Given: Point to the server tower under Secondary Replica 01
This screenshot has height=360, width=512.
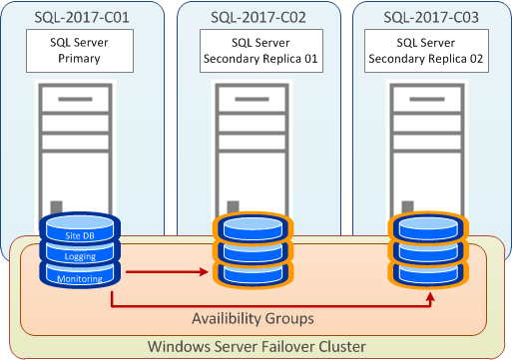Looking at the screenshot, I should (256, 150).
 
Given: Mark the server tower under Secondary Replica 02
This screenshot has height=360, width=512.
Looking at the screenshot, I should (429, 150).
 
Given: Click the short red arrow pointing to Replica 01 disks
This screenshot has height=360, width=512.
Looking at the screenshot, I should (166, 269).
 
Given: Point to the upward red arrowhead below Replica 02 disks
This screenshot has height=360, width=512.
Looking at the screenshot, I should (430, 296).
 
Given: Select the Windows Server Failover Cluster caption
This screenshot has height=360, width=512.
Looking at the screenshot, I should (256, 345).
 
